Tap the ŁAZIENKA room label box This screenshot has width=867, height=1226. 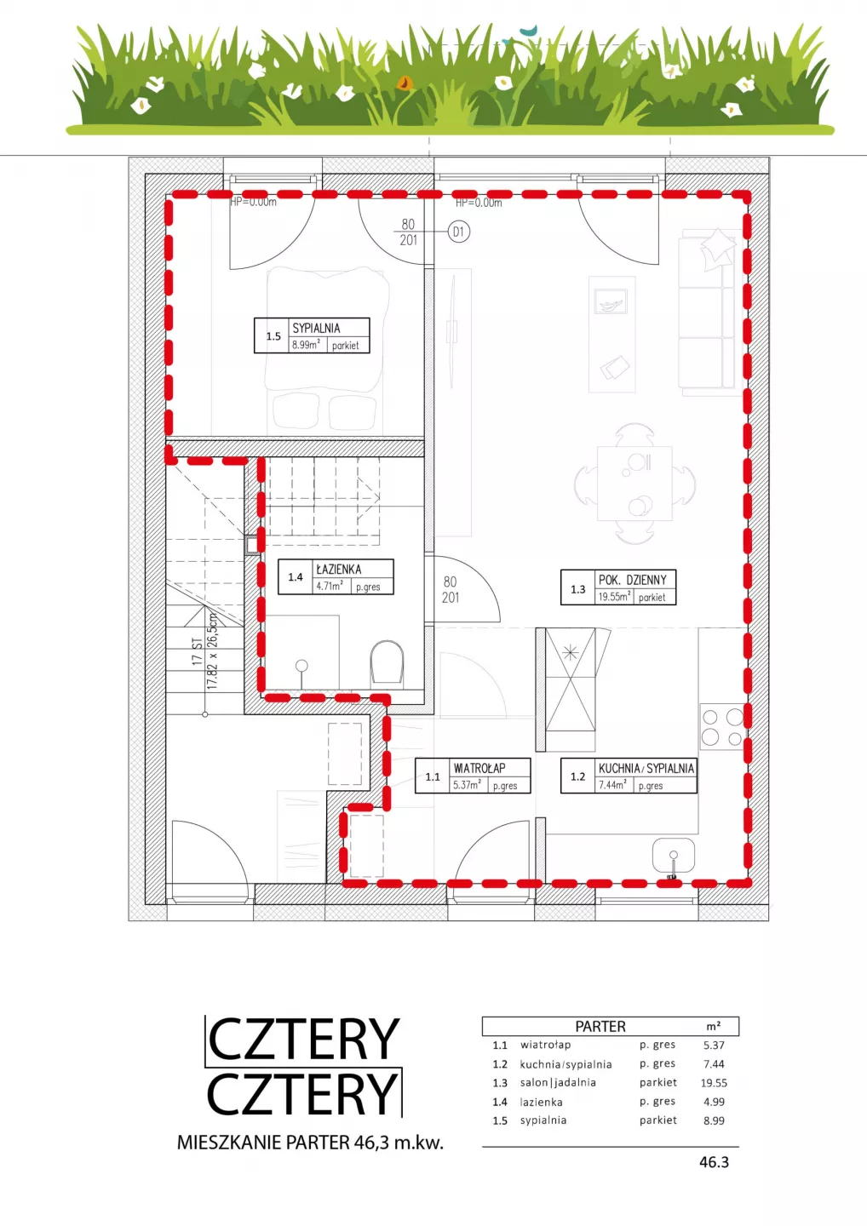coord(336,577)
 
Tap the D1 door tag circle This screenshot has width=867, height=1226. coord(459,232)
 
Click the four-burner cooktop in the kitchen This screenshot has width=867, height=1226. coord(722,727)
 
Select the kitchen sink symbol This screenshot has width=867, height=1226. coord(673,856)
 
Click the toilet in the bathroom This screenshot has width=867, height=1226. coord(387,662)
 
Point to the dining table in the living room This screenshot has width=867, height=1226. coord(634,484)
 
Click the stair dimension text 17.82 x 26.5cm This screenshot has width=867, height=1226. coord(212,650)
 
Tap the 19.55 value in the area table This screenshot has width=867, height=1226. coord(714,1083)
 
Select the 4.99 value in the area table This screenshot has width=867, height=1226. coord(714,1102)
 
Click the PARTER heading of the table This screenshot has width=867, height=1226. coord(600,1026)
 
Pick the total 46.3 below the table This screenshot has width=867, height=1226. coord(714,1162)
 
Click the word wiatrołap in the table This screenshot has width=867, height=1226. coord(545,1045)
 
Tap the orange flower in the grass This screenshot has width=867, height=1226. coord(405,83)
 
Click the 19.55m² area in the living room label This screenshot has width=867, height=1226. coord(614,597)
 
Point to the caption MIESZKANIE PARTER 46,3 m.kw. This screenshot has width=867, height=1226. coord(310,1143)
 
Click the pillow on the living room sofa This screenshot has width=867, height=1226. coord(717,249)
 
